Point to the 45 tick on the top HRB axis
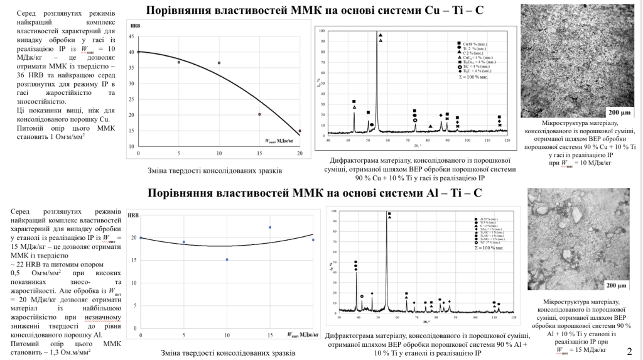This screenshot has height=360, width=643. point(131,36)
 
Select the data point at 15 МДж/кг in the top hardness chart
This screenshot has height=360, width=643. point(259,114)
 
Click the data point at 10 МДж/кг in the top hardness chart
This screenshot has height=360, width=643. point(219,63)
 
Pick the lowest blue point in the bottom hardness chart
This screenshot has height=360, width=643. point(227,259)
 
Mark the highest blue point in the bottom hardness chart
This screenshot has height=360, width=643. point(270,227)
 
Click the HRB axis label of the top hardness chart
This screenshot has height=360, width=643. point(134,26)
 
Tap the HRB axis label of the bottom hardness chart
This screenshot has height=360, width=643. point(133,215)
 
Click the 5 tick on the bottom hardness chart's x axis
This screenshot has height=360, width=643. point(183,331)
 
